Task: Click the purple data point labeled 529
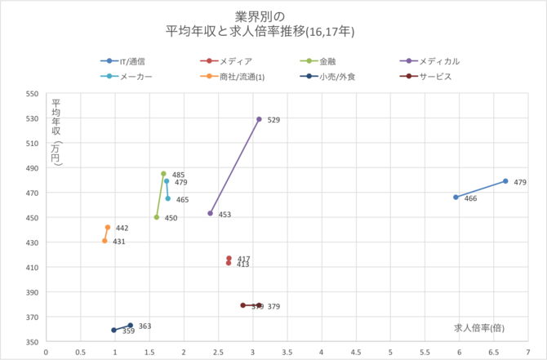coord(259,119)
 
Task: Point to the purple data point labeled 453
coord(211,213)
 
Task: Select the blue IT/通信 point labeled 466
coord(456,198)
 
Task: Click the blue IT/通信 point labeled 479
coord(505,181)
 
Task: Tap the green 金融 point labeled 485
coord(163,174)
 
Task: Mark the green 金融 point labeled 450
coord(157,217)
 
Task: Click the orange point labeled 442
coord(108,228)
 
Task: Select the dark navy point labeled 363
coord(130,325)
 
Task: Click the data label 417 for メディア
coord(243,259)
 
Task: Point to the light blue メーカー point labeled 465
coord(168,198)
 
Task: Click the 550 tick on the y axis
coord(33,94)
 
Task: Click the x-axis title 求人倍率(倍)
coord(478,327)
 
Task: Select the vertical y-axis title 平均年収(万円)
coord(56,134)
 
